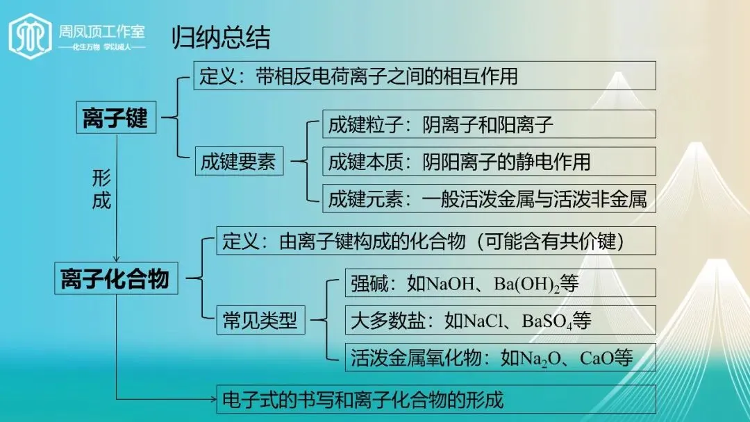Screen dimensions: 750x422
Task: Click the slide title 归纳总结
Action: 221,38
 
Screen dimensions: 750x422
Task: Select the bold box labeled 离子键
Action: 115,118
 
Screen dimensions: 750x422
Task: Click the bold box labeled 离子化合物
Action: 115,280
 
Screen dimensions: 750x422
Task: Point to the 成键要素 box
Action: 238,162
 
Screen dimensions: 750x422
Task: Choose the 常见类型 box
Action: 260,321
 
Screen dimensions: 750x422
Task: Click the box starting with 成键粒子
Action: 489,124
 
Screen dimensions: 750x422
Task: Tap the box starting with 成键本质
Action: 489,162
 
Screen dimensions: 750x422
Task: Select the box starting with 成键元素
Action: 489,200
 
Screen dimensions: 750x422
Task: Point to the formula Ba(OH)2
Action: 526,284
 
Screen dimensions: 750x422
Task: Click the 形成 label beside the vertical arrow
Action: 101,189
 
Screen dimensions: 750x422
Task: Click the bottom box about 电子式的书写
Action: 436,400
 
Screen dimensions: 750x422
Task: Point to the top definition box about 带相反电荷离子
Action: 424,76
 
